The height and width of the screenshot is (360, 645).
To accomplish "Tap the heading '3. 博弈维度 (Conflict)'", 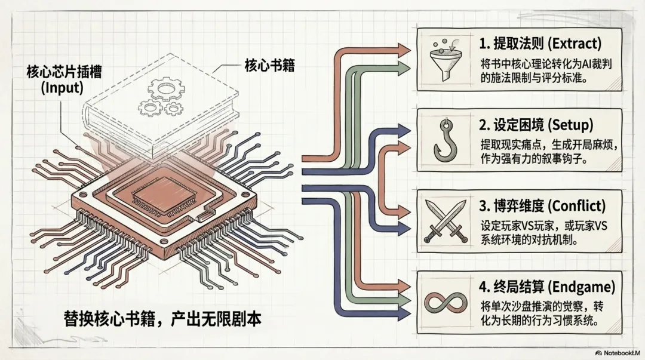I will [x=542, y=206].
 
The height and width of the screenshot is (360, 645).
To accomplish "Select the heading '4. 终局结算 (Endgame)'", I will [x=546, y=287].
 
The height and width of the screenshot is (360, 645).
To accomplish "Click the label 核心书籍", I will [x=270, y=64].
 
